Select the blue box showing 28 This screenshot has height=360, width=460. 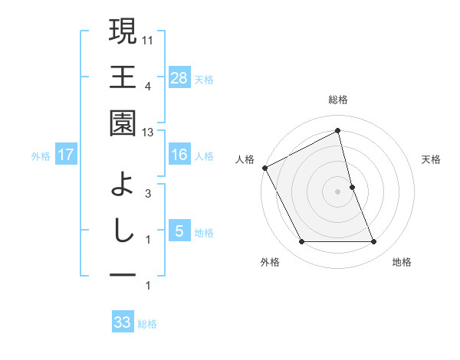click(x=179, y=77)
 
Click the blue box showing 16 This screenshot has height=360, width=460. click(x=179, y=155)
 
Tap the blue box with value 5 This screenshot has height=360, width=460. click(x=179, y=231)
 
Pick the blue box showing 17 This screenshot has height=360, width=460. click(x=66, y=155)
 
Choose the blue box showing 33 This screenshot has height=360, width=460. click(x=123, y=322)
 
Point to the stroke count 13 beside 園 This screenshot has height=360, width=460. click(x=149, y=133)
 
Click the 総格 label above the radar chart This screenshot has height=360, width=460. click(x=338, y=100)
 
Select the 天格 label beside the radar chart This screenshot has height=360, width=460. click(x=432, y=159)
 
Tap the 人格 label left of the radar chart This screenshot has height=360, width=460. click(x=245, y=159)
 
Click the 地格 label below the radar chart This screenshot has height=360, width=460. click(x=402, y=262)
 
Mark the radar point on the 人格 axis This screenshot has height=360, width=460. click(x=265, y=168)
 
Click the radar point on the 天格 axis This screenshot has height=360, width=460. click(x=352, y=187)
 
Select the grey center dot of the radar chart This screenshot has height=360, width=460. click(x=338, y=191)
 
